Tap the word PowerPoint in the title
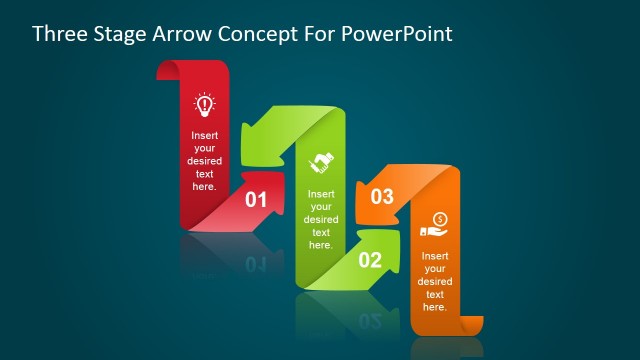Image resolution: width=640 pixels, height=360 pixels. pos(397,34)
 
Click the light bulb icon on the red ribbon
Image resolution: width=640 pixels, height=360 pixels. pos(204,103)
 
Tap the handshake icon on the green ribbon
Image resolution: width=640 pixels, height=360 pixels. pos(321,161)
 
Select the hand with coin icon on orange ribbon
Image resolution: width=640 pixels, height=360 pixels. pos(435,224)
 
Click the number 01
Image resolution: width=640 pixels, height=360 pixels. pos(256,200)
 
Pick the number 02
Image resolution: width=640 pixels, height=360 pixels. pos(370,261)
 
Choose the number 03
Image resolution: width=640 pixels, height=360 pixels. pos(382,197)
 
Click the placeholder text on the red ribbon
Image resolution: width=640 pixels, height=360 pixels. pos(204,160)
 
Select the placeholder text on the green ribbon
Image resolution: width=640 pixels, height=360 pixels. pos(321,219)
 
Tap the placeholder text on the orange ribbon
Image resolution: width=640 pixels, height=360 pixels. pos(435,281)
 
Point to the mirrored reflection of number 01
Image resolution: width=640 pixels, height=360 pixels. pos(255,263)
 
